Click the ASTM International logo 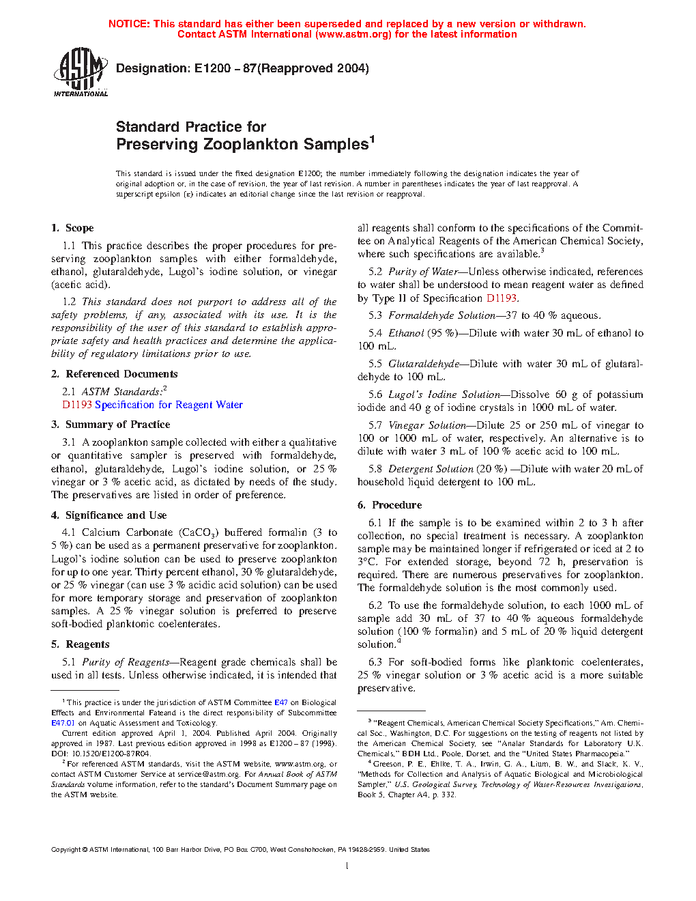point(80,72)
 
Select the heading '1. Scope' point(72,228)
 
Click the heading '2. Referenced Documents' point(114,374)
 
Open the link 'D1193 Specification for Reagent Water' point(152,405)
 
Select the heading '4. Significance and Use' point(108,515)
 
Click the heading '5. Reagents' point(80,644)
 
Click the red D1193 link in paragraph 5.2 point(501,298)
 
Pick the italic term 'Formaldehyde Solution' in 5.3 point(441,315)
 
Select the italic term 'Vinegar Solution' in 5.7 point(427,425)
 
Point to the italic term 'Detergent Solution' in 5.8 point(431,469)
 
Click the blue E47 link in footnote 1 point(280,702)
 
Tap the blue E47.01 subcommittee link point(63,723)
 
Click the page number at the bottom point(347,866)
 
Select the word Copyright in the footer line point(66,850)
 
